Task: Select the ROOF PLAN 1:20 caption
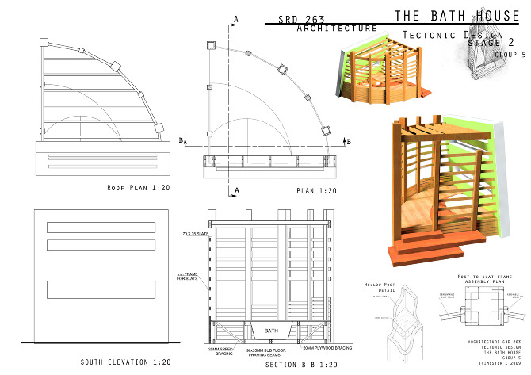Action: tap(139, 188)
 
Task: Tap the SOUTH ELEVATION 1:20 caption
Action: tap(125, 362)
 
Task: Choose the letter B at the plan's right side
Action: tap(346, 140)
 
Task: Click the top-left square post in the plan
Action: tap(210, 45)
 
